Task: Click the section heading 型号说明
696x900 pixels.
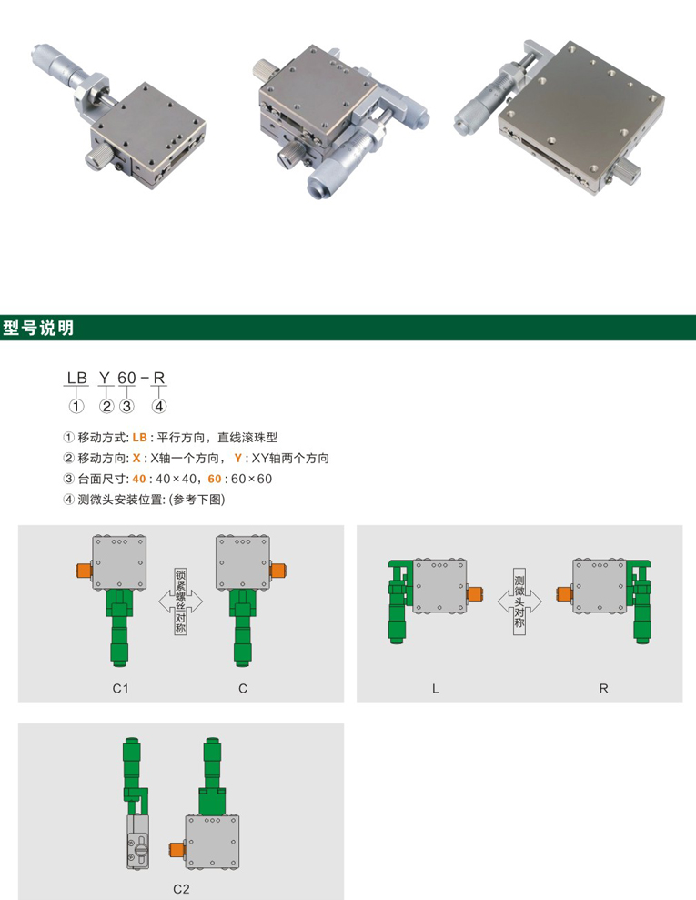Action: (38, 328)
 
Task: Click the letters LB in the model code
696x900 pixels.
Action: (77, 378)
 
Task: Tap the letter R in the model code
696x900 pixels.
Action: (159, 378)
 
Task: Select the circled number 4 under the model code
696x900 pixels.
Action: (159, 407)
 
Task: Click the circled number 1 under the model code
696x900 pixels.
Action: (76, 407)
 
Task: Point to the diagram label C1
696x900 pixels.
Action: (120, 688)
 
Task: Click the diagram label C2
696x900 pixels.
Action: (181, 889)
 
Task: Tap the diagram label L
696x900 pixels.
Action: (436, 688)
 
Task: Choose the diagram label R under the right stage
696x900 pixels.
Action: (603, 688)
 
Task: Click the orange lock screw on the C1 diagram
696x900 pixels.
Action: (85, 571)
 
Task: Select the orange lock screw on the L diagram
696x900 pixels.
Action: (475, 593)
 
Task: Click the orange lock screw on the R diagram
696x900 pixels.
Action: (565, 593)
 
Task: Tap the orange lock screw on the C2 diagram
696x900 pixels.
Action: (177, 848)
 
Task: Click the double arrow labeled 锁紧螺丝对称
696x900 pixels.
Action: (181, 602)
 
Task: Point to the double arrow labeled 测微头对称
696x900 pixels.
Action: (519, 602)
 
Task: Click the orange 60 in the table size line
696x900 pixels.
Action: (215, 479)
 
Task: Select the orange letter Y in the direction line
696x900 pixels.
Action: (237, 458)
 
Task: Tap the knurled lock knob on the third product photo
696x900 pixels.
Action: (629, 170)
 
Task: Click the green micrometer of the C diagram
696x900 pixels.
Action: (243, 627)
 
